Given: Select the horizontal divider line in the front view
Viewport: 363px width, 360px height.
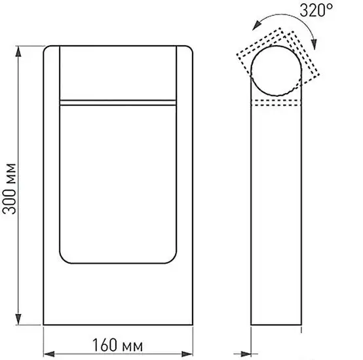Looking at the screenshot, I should click(118, 102).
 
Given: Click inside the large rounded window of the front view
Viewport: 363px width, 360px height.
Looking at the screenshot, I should click(118, 183).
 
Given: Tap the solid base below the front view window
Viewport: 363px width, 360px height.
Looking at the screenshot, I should click(118, 295).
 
